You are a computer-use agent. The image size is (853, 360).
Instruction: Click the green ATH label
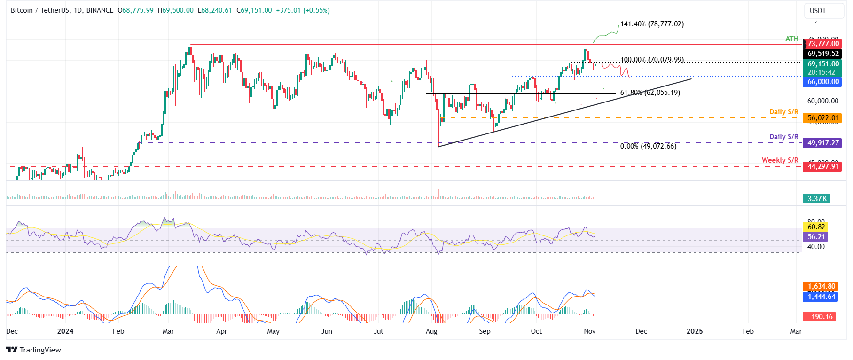792,39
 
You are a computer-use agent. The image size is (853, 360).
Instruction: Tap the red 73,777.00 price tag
823,44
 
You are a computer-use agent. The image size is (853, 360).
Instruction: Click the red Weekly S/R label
780,160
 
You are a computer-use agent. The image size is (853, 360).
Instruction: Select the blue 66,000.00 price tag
823,82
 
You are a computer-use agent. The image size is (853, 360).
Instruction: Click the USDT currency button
818,11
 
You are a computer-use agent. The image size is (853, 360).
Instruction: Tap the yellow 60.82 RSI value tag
816,227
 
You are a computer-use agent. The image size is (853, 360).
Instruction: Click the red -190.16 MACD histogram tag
820,317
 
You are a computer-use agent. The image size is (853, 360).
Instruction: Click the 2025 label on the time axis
694,331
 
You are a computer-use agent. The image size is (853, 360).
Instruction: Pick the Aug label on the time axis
431,331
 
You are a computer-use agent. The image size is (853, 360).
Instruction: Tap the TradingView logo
34,350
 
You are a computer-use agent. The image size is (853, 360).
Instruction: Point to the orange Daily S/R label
783,112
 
